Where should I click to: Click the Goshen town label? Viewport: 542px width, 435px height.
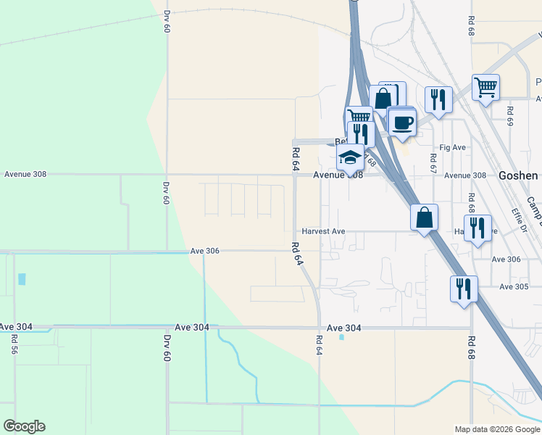[518, 175]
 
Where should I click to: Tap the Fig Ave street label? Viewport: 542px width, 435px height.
[453, 147]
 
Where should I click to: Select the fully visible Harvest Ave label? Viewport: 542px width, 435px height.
[323, 231]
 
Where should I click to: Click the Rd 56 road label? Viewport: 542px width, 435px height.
[14, 344]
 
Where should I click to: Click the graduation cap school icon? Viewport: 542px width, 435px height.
[350, 157]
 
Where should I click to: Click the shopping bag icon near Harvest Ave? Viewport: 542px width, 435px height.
[424, 217]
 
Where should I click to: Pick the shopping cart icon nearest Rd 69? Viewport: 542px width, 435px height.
[485, 88]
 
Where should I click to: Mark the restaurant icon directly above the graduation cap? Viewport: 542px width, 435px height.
[360, 133]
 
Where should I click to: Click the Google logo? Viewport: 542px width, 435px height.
[24, 426]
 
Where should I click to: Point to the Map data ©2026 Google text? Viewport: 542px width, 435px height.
[496, 429]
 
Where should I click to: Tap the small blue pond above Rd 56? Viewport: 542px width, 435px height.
[21, 279]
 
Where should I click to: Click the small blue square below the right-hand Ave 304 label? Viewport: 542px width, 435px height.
[341, 336]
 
